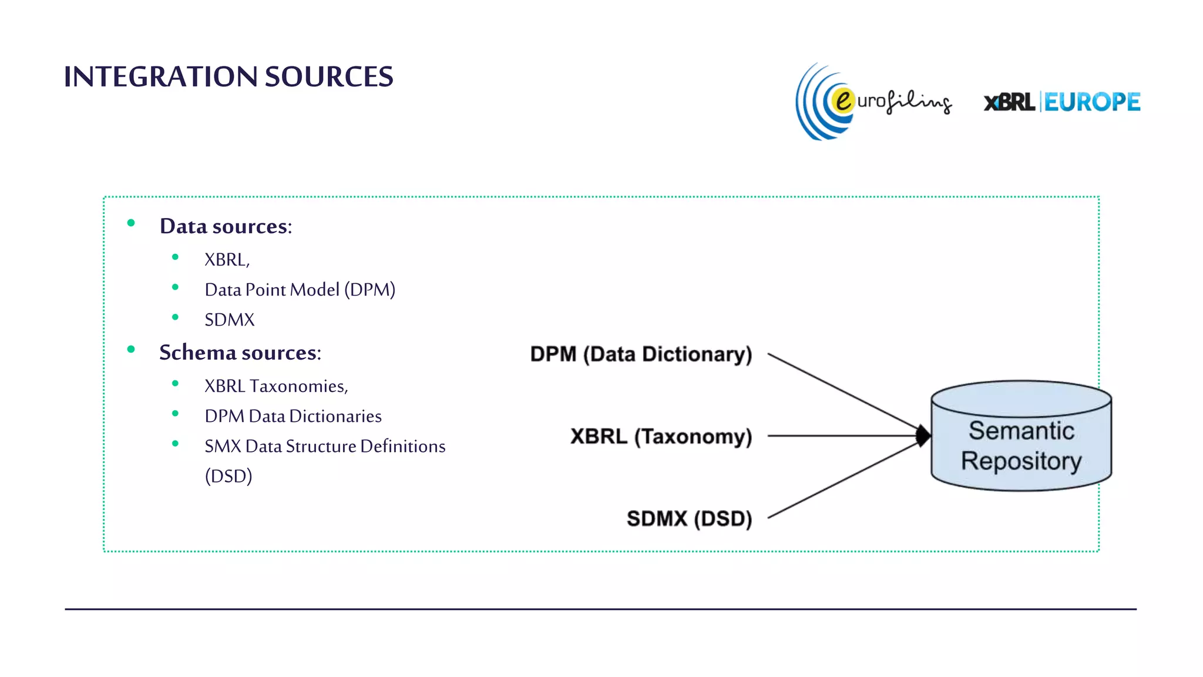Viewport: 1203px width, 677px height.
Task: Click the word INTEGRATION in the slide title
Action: [x=160, y=77]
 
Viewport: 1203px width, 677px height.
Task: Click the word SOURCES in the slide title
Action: [x=329, y=77]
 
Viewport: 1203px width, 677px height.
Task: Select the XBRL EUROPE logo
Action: [x=1062, y=102]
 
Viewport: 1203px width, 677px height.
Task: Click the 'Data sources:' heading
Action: [x=226, y=226]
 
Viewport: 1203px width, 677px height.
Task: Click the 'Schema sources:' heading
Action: [x=240, y=353]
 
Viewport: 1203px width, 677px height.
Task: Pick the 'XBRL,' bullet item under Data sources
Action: [x=227, y=260]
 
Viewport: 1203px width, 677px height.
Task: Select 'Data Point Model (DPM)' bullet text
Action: [x=300, y=290]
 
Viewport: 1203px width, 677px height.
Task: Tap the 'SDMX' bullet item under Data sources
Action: [x=229, y=320]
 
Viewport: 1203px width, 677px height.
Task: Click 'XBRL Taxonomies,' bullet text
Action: [x=276, y=386]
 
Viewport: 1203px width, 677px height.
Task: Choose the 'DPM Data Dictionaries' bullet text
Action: [x=293, y=416]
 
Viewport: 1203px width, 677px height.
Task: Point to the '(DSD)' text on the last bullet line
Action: [x=228, y=476]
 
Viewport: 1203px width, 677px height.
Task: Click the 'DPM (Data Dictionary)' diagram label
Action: [x=641, y=354]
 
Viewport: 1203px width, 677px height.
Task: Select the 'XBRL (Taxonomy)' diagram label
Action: [x=661, y=437]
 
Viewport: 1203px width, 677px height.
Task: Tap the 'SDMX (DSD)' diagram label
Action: [x=689, y=519]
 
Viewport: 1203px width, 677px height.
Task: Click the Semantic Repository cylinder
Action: [x=1021, y=447]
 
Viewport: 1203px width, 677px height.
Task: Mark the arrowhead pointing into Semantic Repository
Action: [x=923, y=436]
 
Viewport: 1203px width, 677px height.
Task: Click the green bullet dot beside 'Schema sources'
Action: [x=131, y=350]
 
